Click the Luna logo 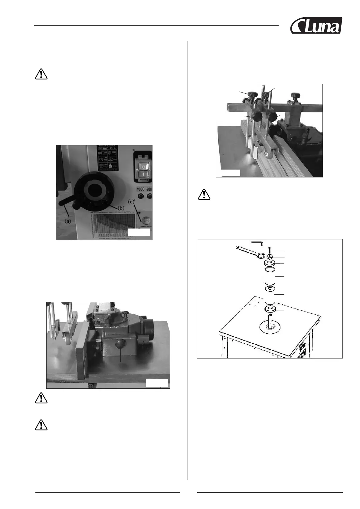point(316,25)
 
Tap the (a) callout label point(69,221)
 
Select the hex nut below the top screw point(270,257)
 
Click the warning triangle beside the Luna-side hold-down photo point(204,194)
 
